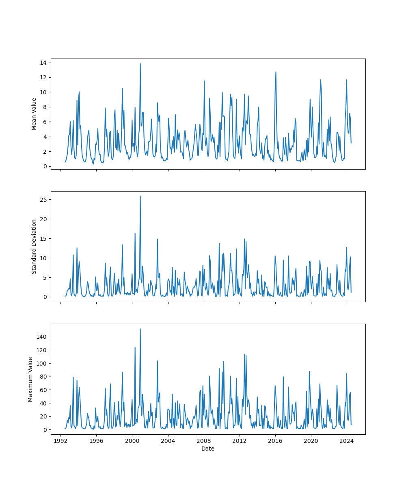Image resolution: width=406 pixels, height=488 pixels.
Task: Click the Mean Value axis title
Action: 34,114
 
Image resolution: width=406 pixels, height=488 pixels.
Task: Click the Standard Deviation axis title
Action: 34,246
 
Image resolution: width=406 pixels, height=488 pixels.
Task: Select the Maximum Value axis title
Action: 30,379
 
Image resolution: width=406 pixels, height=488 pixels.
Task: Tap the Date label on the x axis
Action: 208,449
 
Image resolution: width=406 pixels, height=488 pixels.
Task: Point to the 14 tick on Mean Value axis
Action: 43,63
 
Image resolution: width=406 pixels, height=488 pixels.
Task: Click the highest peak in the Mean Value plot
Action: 140,63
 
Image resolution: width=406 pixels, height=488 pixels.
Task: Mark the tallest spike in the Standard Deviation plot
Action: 140,196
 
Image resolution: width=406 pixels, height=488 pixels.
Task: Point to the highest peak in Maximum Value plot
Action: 140,329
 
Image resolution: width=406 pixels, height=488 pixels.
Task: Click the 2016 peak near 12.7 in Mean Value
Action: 276,72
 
